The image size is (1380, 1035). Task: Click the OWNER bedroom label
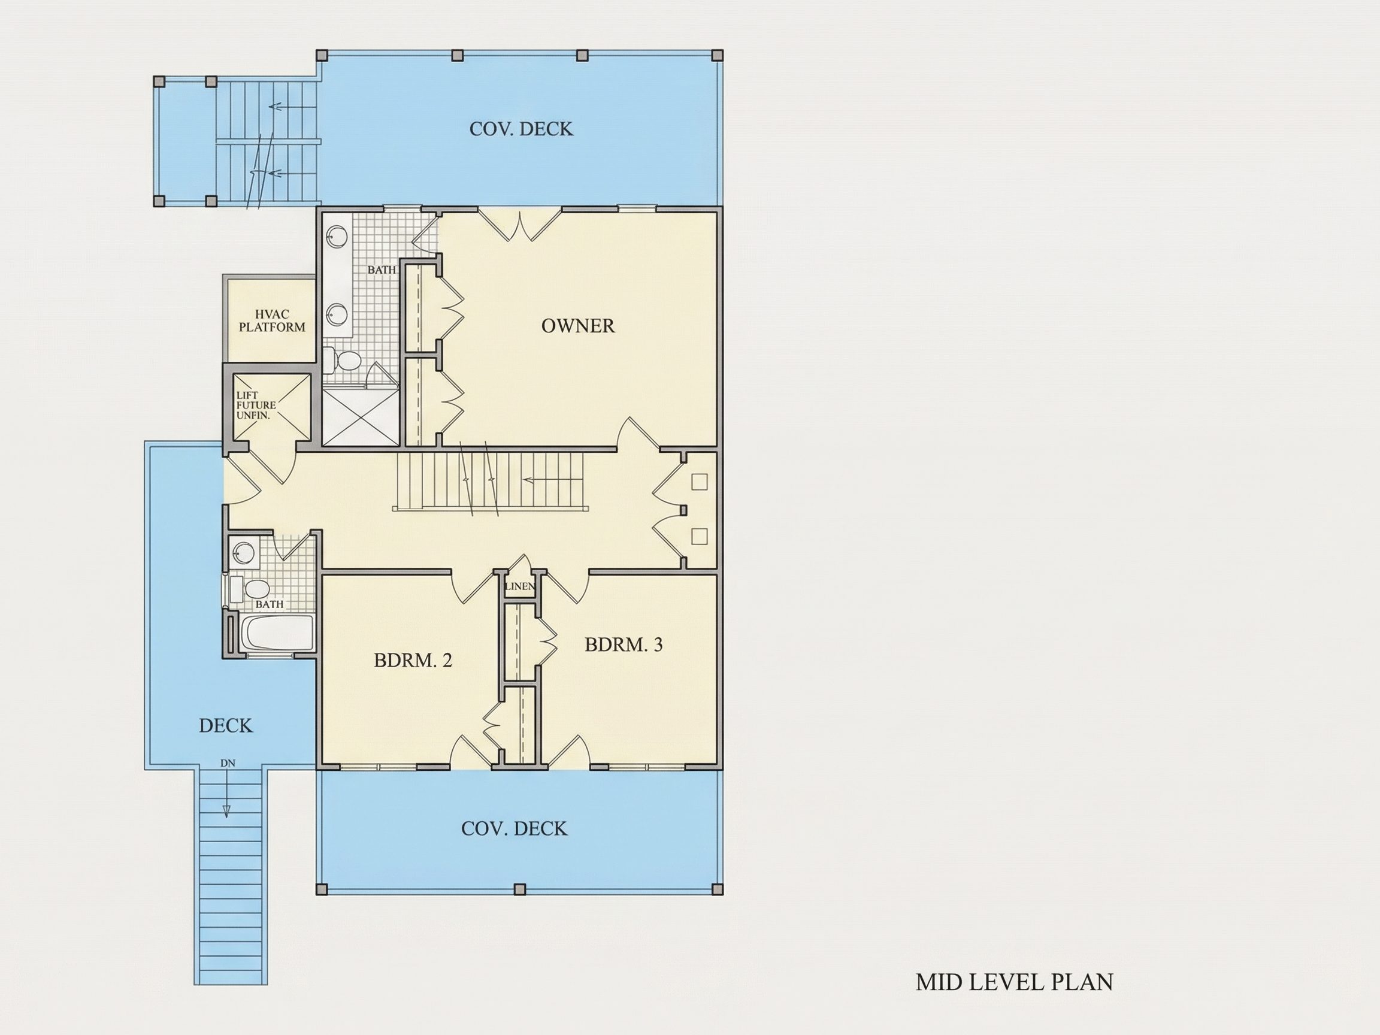tap(578, 326)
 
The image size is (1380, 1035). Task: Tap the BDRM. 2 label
tap(413, 660)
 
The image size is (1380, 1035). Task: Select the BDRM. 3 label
tap(624, 644)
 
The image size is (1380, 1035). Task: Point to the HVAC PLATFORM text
tap(272, 320)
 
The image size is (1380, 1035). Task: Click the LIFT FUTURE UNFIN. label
tap(256, 405)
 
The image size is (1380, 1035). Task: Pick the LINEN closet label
tap(520, 586)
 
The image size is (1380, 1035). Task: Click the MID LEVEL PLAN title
tap(1015, 982)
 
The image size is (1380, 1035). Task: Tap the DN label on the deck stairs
tap(228, 763)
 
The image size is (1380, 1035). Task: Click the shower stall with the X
tap(361, 416)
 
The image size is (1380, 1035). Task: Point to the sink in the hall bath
tap(243, 552)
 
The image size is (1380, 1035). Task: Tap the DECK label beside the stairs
tap(226, 725)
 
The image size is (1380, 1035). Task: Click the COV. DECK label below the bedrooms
tap(514, 828)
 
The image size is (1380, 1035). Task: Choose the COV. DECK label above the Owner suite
tap(521, 129)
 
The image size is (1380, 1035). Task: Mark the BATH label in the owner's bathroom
tap(381, 270)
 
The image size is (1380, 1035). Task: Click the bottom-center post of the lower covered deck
tap(520, 889)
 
